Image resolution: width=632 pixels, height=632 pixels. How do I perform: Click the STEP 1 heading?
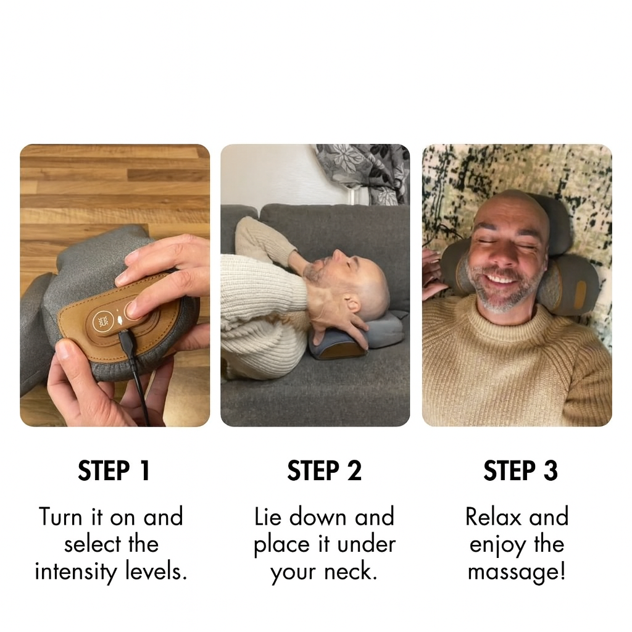[x=114, y=470]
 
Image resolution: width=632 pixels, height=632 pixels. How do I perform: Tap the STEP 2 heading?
[x=324, y=470]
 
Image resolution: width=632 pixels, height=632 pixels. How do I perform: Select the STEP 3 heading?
[x=520, y=470]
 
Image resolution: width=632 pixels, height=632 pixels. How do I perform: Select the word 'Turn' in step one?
[x=60, y=517]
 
